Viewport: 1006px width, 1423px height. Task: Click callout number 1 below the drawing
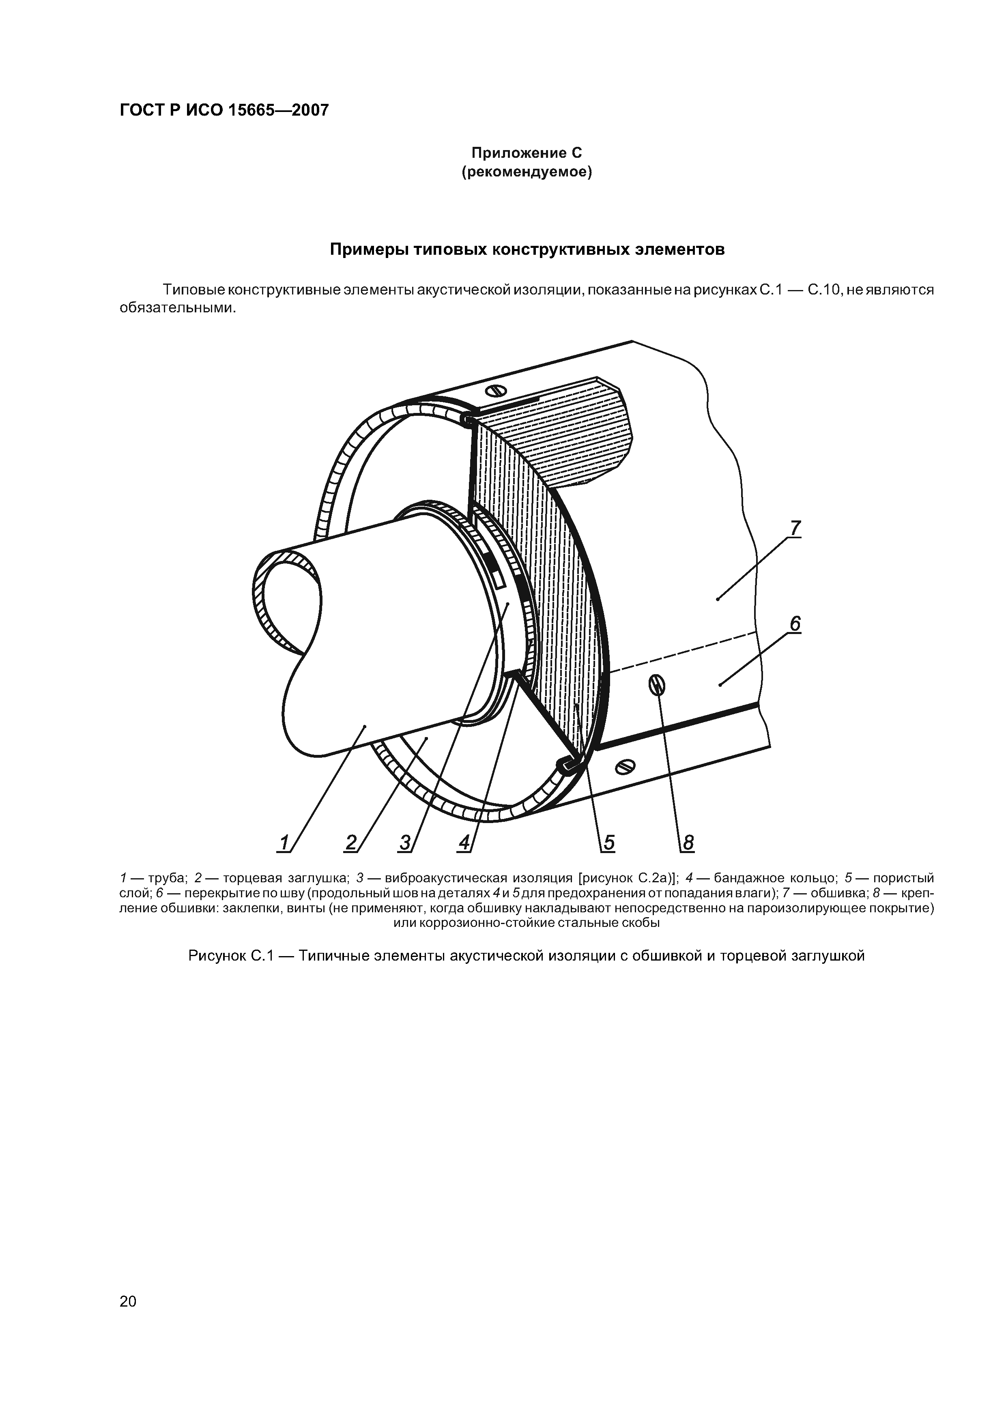tap(284, 843)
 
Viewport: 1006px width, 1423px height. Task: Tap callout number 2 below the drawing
tap(351, 843)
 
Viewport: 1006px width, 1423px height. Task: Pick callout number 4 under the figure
tap(464, 843)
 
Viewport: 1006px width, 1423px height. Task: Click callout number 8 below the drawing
tap(688, 843)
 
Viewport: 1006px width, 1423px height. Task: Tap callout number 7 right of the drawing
tap(795, 528)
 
